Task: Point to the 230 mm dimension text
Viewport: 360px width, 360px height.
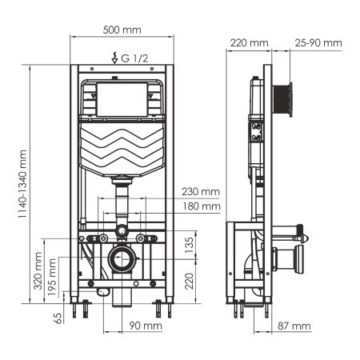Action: coord(200,191)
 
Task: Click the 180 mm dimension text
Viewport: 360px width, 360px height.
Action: coord(200,206)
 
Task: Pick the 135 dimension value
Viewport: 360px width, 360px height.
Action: coord(189,242)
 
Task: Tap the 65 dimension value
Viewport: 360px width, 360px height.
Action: coord(58,318)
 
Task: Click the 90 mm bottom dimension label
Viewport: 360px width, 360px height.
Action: coord(146,326)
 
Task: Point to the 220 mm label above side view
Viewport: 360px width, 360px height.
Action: coord(250,42)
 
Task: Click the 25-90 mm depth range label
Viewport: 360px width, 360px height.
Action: coord(318,42)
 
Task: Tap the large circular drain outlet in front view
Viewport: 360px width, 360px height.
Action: coord(122,258)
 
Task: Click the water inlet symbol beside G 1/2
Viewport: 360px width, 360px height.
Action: coord(117,57)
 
